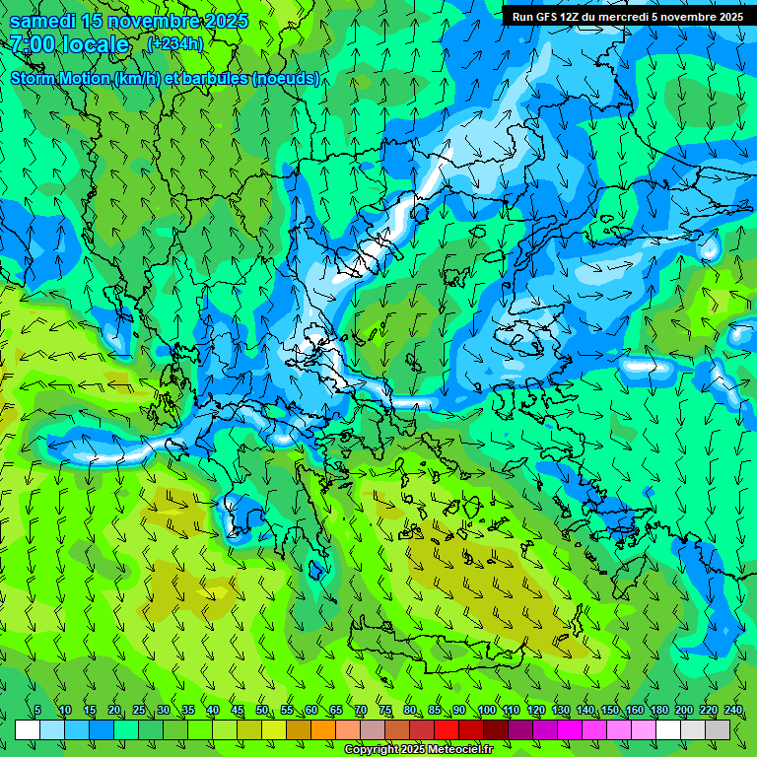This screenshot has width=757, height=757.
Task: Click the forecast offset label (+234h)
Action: (x=174, y=44)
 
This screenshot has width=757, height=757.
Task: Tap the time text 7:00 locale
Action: (x=70, y=44)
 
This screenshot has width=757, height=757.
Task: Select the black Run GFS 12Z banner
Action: (x=628, y=17)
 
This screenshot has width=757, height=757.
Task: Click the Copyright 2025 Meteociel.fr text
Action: (x=418, y=749)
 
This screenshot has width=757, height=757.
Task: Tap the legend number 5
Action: (x=37, y=711)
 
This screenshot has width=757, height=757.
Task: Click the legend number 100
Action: (x=486, y=711)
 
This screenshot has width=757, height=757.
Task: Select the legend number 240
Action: (x=732, y=711)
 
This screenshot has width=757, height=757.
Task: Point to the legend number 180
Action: (x=658, y=711)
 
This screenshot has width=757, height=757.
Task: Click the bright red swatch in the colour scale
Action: (x=447, y=729)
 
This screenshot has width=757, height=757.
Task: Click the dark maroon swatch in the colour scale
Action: (x=496, y=729)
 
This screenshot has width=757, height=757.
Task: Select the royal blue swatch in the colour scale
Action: (x=102, y=729)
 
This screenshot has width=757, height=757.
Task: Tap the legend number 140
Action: (x=585, y=711)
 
